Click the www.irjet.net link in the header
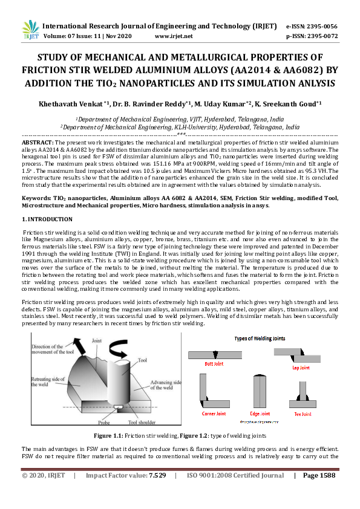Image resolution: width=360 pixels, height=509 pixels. point(174,36)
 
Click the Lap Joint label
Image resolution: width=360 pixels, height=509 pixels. point(301,368)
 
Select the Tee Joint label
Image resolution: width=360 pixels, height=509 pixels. point(303,414)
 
